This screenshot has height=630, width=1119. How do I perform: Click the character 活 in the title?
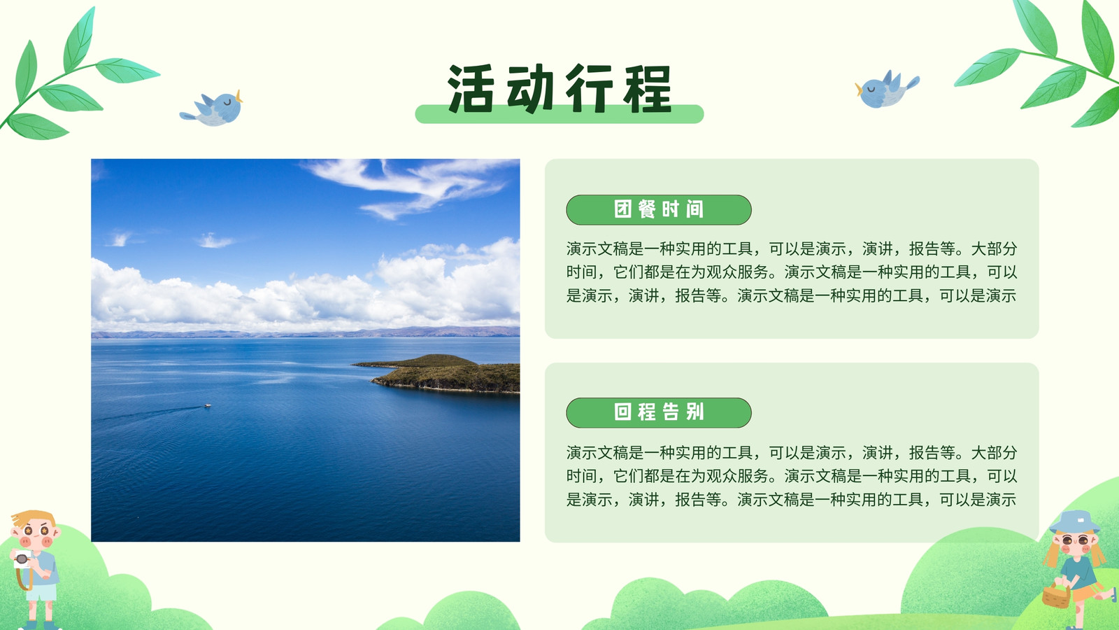(471, 88)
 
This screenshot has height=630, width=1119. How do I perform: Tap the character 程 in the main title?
(648, 88)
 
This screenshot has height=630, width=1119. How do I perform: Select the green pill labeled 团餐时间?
(658, 209)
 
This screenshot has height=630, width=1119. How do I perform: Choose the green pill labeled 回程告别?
(658, 412)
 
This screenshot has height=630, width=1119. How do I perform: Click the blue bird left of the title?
(213, 108)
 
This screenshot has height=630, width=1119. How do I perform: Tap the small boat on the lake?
(207, 405)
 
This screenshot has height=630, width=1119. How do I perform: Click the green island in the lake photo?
(440, 373)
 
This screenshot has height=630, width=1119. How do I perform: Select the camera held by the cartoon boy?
(22, 559)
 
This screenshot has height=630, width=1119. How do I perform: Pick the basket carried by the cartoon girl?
(1056, 596)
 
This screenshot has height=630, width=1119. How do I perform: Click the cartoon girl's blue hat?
(1074, 522)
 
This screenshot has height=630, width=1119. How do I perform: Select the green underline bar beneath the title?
(559, 114)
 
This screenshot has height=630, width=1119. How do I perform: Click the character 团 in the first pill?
(622, 209)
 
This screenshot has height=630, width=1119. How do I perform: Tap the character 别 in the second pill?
(695, 412)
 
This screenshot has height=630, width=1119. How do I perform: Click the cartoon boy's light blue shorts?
(41, 592)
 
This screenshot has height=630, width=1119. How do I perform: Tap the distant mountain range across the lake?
(305, 332)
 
